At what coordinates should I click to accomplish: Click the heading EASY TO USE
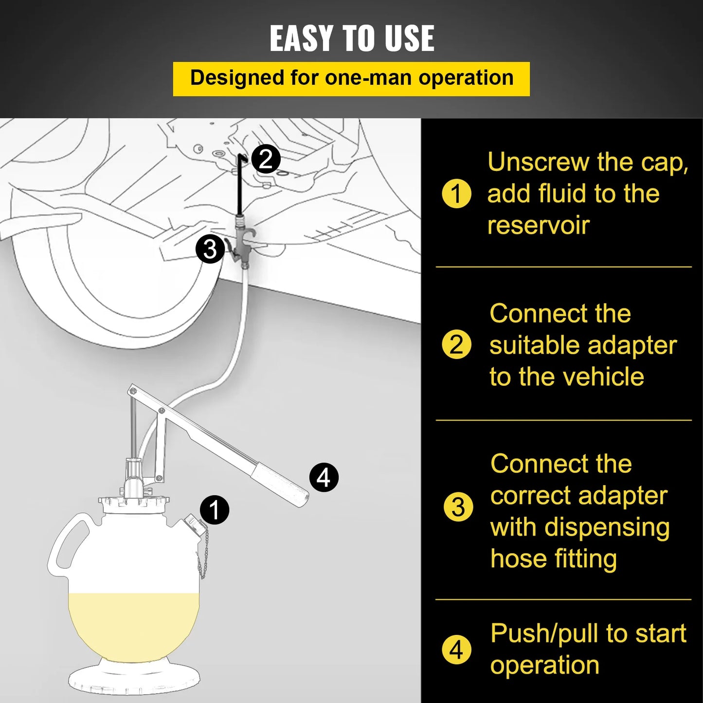tap(352, 38)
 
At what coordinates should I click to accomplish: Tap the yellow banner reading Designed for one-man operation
tap(351, 78)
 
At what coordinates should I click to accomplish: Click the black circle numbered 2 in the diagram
tap(266, 159)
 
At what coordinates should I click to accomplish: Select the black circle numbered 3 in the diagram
tap(210, 249)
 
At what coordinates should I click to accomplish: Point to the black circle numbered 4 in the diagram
tap(324, 477)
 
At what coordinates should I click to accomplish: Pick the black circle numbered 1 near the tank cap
tap(215, 510)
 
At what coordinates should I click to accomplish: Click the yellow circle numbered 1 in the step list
tap(456, 194)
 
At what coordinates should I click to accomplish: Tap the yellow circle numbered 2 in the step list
tap(456, 344)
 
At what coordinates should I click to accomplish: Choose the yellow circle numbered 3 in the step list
tap(458, 507)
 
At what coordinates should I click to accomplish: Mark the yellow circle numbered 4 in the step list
tap(456, 649)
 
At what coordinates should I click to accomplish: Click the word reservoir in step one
tap(538, 225)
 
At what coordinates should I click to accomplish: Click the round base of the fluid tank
tap(134, 679)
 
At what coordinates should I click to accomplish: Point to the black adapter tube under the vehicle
tap(239, 185)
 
